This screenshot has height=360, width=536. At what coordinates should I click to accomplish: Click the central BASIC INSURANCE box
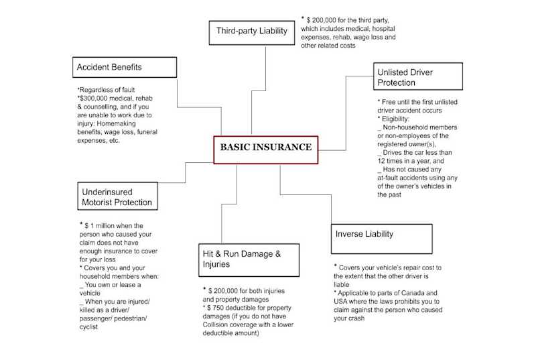coord(265,147)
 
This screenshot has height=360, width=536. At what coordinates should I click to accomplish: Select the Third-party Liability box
coord(251,32)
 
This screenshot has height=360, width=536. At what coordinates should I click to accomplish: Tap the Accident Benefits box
coord(125,67)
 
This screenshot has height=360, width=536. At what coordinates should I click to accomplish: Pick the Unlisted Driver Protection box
coord(418,76)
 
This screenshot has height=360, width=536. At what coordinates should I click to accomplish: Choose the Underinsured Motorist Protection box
coord(117,196)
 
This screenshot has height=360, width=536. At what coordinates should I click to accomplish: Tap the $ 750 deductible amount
coord(220,306)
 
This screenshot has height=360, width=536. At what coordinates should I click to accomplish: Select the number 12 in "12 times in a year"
coord(382,161)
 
